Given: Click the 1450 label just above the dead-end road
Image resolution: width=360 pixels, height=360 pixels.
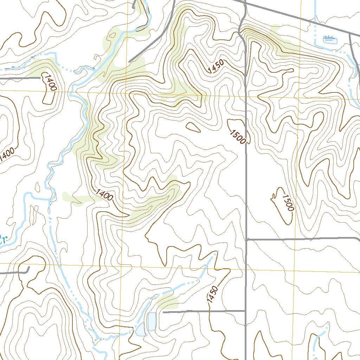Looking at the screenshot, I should tap(213, 295).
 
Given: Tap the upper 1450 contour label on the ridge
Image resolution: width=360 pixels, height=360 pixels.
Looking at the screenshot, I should tap(216, 66).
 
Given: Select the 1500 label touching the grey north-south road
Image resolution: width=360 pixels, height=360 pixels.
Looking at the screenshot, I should tap(238, 137).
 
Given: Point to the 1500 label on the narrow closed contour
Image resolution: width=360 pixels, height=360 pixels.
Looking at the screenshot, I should tap(287, 202).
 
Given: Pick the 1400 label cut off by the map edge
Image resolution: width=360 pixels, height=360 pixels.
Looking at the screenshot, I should tap(7, 155).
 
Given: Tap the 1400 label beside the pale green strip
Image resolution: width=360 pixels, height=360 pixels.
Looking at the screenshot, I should tap(104, 194).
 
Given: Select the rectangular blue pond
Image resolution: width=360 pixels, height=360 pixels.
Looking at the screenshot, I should tap(152, 321).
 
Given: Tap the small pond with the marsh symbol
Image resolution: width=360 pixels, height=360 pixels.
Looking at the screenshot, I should tap(330, 40).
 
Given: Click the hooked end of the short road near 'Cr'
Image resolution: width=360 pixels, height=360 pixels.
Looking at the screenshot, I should tap(28, 268).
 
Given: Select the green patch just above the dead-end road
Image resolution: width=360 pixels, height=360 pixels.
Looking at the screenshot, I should tap(168, 301).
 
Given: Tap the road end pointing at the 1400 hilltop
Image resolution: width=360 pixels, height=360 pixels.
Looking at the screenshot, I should tap(39, 78).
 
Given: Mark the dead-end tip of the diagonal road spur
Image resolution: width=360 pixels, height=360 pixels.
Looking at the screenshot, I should tap(129, 62).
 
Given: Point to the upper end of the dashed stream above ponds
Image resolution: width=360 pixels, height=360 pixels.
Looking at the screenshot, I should tap(217, 251).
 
